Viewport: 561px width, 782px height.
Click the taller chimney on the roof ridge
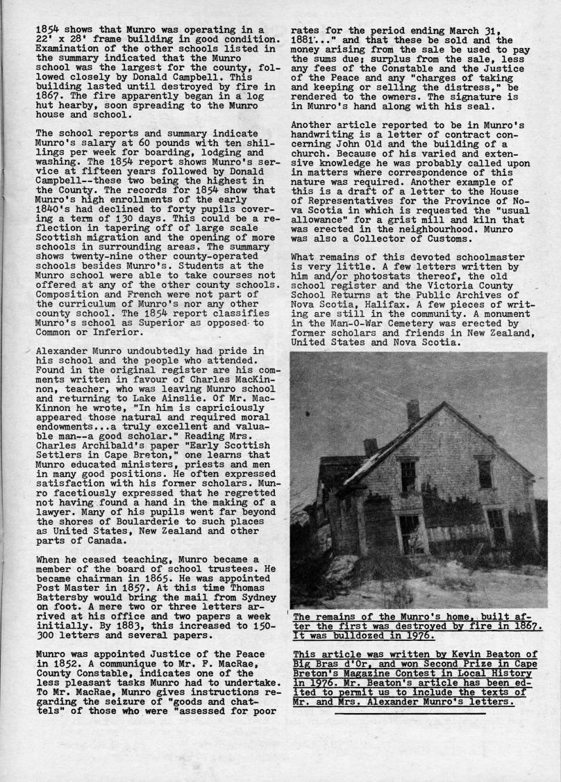(x=413, y=412)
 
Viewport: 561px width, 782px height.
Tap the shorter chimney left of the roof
(x=370, y=447)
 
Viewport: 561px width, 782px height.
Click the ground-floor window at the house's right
(x=496, y=526)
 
